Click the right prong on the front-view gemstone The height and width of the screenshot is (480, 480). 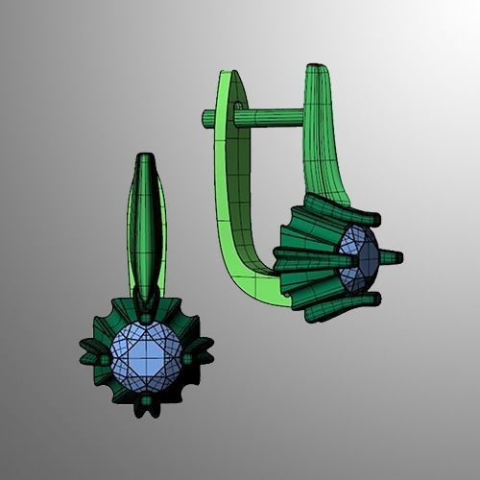[188, 358]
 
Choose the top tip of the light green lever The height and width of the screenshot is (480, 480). [227, 77]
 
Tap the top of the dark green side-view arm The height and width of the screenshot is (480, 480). [317, 73]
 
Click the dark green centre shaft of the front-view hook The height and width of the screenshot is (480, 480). [144, 230]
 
